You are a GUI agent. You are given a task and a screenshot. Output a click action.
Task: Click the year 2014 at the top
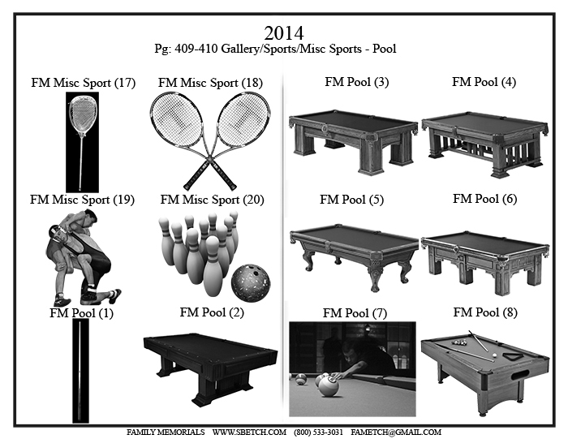tap(284, 33)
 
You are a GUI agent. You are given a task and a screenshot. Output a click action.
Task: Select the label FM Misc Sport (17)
tap(84, 83)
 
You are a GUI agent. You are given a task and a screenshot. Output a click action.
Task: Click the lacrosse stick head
tap(82, 114)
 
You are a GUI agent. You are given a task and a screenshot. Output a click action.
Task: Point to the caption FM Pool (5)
tap(351, 200)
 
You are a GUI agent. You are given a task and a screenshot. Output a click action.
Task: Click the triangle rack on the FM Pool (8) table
tap(514, 356)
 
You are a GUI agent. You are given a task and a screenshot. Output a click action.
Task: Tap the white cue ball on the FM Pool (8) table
tap(494, 355)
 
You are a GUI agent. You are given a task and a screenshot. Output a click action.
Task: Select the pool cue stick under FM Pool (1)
tap(80, 371)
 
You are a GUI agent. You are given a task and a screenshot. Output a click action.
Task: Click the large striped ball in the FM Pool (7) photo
tap(329, 386)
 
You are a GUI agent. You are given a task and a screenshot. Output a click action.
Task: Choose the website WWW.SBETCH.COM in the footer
tap(249, 433)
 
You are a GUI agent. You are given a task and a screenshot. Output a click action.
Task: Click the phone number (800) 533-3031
tap(318, 433)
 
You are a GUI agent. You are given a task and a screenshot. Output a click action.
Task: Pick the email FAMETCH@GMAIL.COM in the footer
tap(396, 433)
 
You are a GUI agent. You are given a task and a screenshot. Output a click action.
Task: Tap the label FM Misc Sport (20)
tap(213, 200)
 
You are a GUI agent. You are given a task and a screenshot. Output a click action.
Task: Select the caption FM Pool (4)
tap(484, 82)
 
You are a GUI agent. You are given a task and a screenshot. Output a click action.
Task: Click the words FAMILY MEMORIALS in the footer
tap(166, 433)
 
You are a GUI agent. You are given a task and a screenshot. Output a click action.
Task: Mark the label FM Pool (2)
tap(212, 312)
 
